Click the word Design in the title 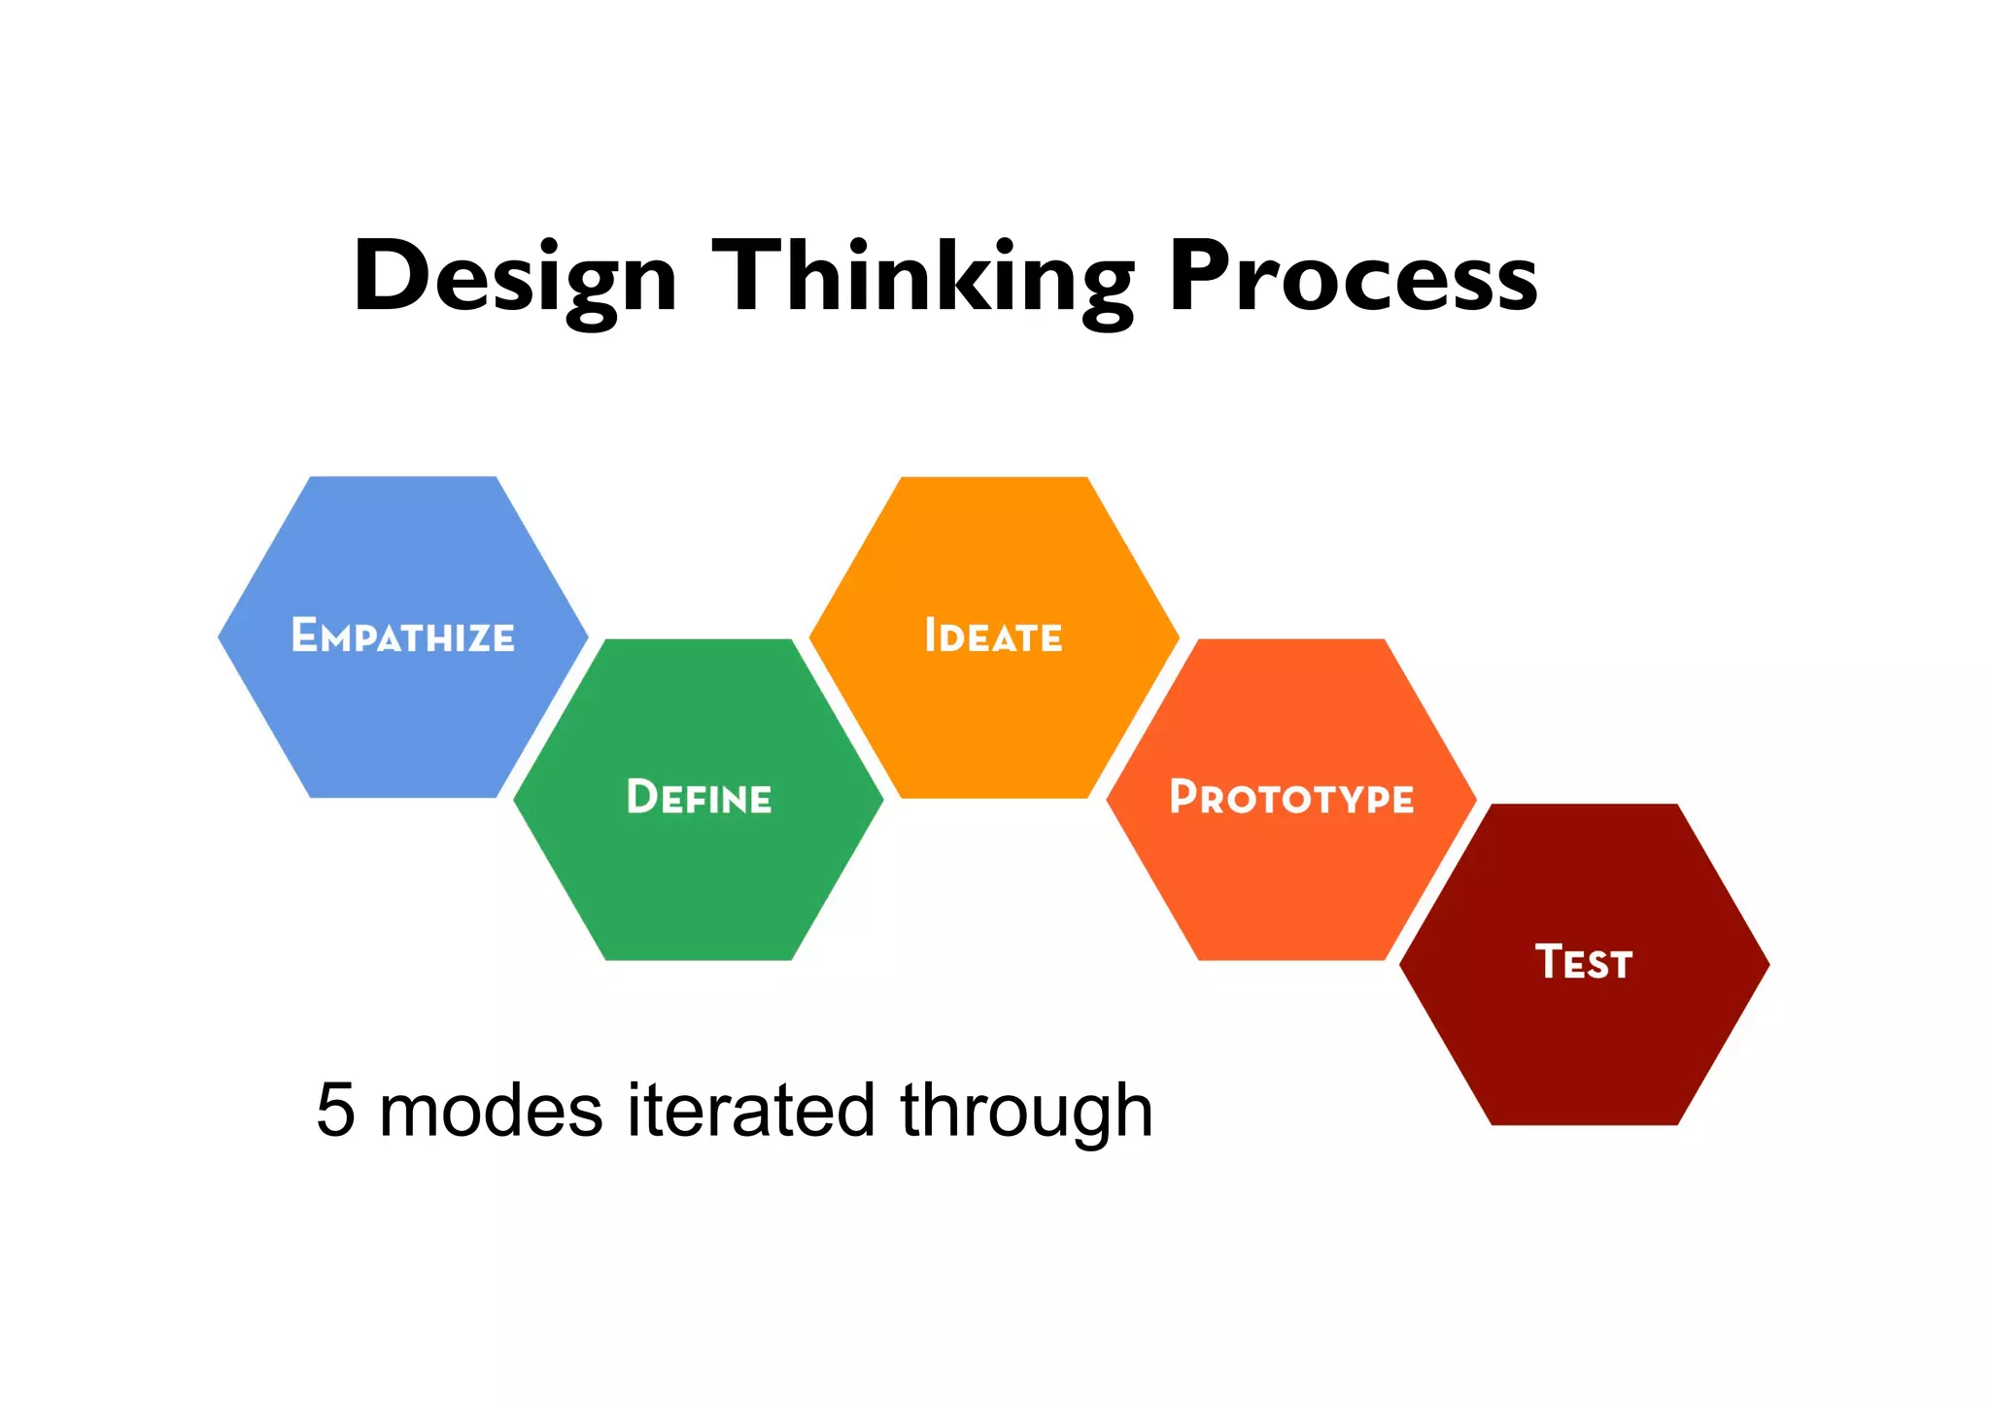tap(515, 278)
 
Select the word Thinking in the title tap(923, 278)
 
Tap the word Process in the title tap(1353, 278)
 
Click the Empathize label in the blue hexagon tap(403, 636)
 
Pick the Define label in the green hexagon tap(699, 798)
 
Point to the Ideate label tap(993, 636)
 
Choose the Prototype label tap(1291, 798)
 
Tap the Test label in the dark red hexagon tap(1584, 962)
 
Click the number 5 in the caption tap(336, 1111)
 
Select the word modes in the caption tap(491, 1111)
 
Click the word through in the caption tap(1026, 1114)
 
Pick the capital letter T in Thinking tap(748, 276)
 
